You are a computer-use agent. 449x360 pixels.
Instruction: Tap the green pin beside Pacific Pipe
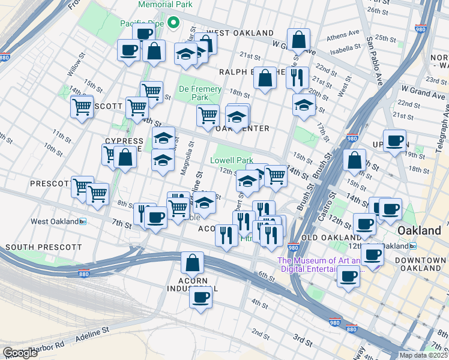[174, 23]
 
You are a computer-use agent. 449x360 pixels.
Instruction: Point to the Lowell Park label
[232, 161]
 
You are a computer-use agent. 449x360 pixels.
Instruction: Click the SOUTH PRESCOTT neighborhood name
[43, 247]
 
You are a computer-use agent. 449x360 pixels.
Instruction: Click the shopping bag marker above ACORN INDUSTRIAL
[192, 263]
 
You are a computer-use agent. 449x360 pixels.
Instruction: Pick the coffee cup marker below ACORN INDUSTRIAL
[201, 297]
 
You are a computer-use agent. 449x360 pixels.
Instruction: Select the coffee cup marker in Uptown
[394, 141]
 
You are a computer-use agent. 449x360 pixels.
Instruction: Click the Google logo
[20, 353]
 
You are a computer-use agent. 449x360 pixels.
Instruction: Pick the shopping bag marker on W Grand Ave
[298, 40]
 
